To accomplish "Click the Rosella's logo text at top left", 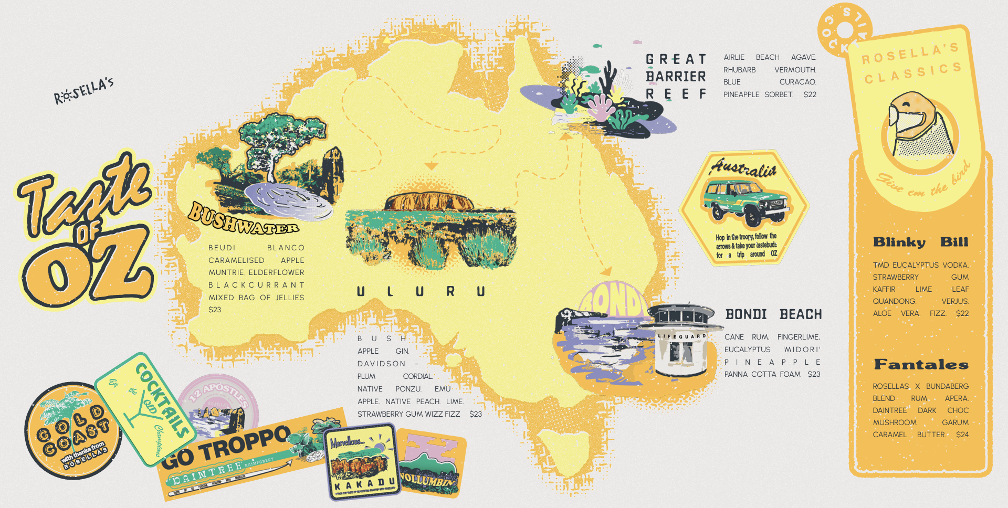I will pyautogui.click(x=84, y=91).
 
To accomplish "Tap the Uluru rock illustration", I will pyautogui.click(x=429, y=202).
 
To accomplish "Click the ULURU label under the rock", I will pyautogui.click(x=421, y=291).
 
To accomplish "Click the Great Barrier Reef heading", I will pyautogui.click(x=676, y=77).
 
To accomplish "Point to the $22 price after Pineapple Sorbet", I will pyautogui.click(x=810, y=94).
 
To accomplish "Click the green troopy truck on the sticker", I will pyautogui.click(x=744, y=200).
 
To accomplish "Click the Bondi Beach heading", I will pyautogui.click(x=773, y=314).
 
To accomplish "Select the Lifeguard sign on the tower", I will pyautogui.click(x=682, y=336).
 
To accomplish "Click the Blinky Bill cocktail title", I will pyautogui.click(x=920, y=242).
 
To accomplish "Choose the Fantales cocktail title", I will pyautogui.click(x=921, y=364).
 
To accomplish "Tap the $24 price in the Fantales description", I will pyautogui.click(x=962, y=435).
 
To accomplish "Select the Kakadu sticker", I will pyautogui.click(x=361, y=462).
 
